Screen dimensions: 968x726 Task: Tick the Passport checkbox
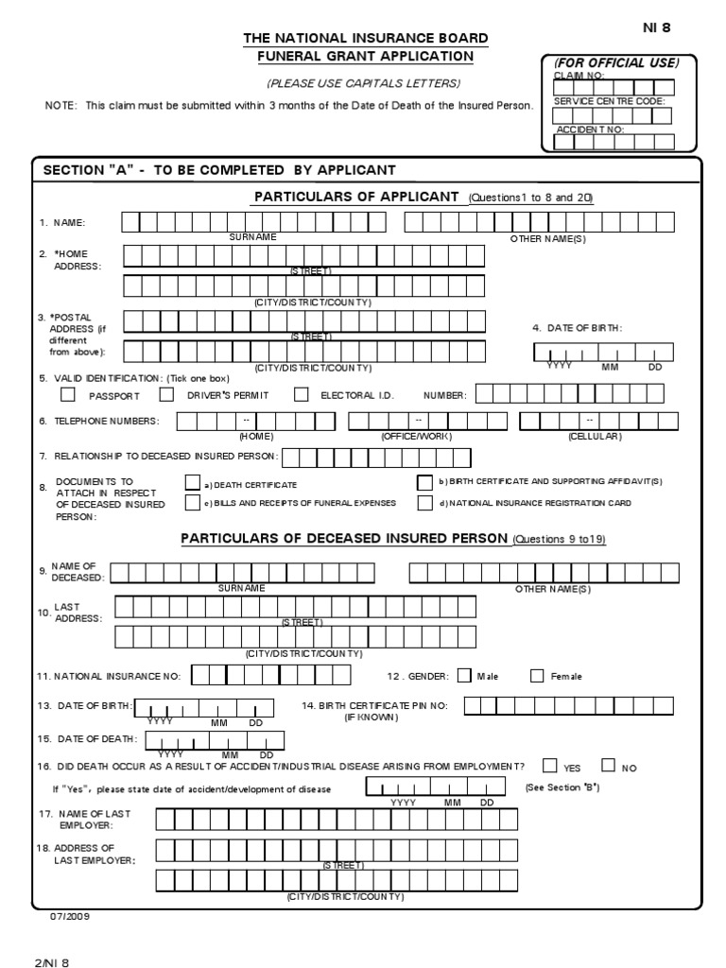click(55, 394)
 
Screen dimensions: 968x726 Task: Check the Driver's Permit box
click(166, 394)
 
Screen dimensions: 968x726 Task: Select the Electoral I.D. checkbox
click(302, 394)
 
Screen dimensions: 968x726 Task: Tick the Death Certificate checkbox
click(193, 483)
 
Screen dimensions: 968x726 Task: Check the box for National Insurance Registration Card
click(425, 503)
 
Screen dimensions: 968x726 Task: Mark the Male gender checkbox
click(464, 675)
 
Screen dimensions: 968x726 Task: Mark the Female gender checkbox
click(537, 675)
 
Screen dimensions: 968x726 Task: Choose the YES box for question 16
click(550, 766)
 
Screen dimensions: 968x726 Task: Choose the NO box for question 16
click(608, 766)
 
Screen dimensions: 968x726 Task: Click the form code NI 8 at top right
click(657, 27)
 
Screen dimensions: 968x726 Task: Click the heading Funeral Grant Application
click(367, 56)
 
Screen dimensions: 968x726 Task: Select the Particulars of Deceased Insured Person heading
click(345, 538)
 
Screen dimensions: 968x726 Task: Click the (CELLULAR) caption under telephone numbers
click(595, 437)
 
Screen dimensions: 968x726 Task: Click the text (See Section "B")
click(562, 787)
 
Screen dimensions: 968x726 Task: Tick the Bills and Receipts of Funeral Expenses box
click(193, 503)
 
